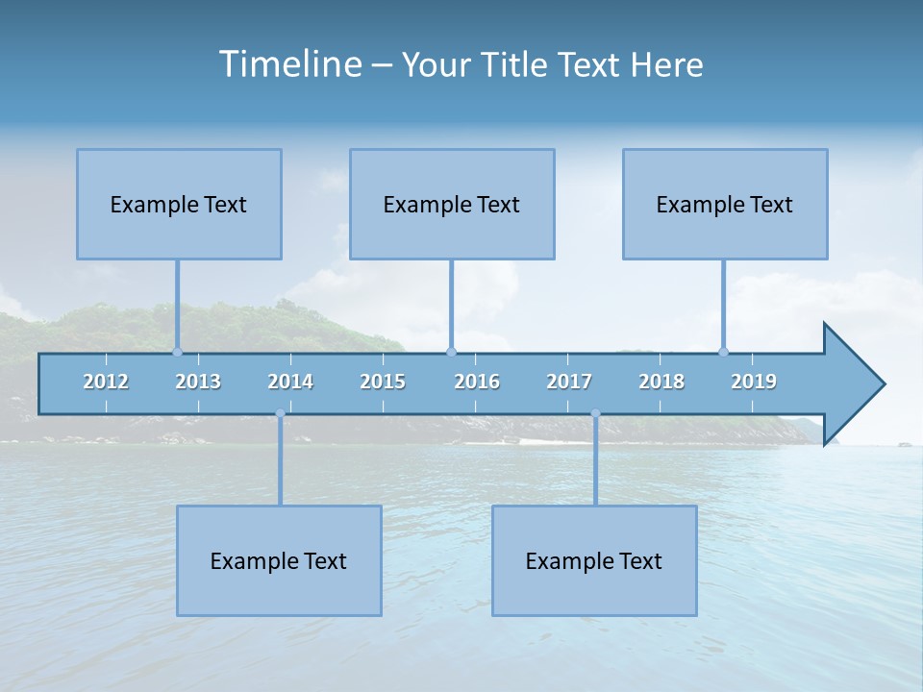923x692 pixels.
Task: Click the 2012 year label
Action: point(106,382)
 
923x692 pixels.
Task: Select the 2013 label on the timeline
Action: point(198,382)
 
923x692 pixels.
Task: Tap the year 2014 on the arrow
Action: point(290,382)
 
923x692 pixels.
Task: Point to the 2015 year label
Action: point(383,382)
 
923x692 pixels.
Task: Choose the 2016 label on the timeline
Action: point(477,382)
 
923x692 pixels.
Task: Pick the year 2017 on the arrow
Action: point(569,382)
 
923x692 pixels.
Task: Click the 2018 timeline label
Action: point(661,382)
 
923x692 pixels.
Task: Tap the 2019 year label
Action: point(754,382)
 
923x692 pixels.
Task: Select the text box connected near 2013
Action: point(179,204)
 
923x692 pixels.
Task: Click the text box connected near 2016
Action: point(452,204)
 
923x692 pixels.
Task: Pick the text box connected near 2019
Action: point(725,204)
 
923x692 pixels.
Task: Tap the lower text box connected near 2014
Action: point(279,560)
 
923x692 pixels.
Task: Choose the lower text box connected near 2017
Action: point(594,560)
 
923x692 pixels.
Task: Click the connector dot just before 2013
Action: point(177,352)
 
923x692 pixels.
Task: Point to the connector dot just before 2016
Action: point(452,352)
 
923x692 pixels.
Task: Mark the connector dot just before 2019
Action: point(723,352)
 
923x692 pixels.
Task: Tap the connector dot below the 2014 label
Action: point(280,414)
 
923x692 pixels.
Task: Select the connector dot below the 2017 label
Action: point(595,414)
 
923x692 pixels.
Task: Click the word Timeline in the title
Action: point(289,64)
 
